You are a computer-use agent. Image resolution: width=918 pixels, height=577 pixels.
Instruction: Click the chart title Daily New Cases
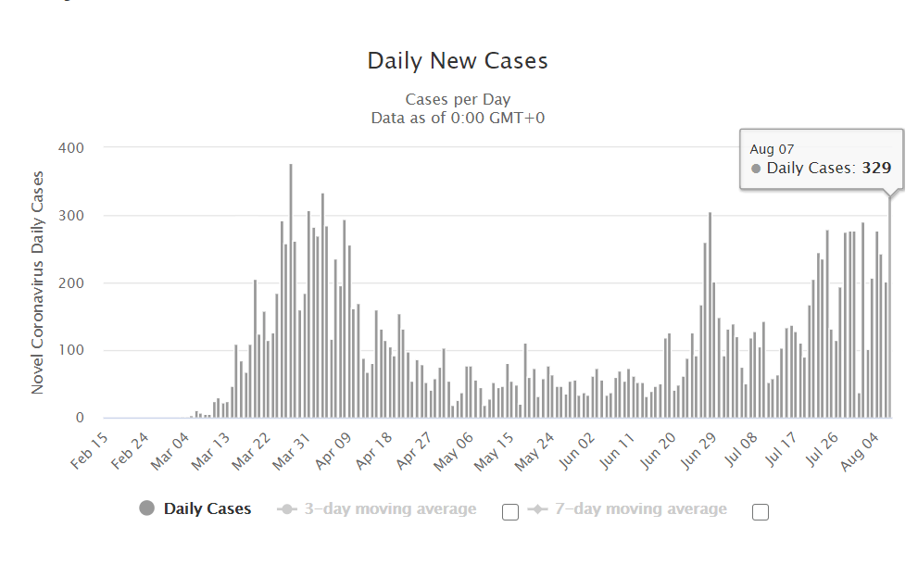click(x=458, y=61)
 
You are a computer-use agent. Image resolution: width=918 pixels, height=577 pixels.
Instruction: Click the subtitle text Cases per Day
click(x=458, y=99)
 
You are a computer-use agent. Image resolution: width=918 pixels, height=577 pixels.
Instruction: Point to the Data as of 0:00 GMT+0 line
click(x=458, y=118)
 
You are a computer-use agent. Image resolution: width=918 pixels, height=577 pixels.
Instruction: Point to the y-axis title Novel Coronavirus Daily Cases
click(x=38, y=282)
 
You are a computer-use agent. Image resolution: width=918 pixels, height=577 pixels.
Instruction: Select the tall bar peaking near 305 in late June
click(x=710, y=315)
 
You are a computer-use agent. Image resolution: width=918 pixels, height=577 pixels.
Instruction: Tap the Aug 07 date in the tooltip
click(x=772, y=149)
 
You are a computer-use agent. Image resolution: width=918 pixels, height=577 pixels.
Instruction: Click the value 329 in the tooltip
click(x=875, y=169)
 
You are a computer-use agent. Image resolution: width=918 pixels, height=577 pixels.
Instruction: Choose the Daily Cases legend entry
click(x=207, y=508)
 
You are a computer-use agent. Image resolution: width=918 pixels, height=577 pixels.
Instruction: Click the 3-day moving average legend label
click(x=389, y=508)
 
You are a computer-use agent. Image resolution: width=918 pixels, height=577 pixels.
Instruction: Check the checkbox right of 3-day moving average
click(x=509, y=511)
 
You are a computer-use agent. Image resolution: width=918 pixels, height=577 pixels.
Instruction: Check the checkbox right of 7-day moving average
click(x=761, y=511)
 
